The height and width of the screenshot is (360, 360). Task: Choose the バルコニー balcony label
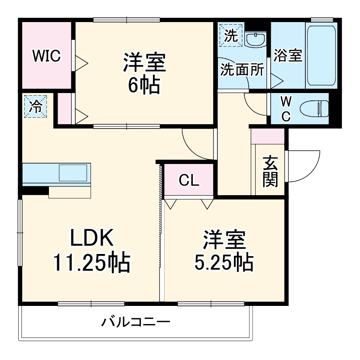(x=136, y=322)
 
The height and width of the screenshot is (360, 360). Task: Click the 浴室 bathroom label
(x=288, y=55)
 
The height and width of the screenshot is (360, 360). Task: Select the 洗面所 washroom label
(x=242, y=70)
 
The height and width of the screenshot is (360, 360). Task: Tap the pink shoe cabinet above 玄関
(x=267, y=136)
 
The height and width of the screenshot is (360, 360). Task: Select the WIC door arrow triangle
(x=82, y=63)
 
